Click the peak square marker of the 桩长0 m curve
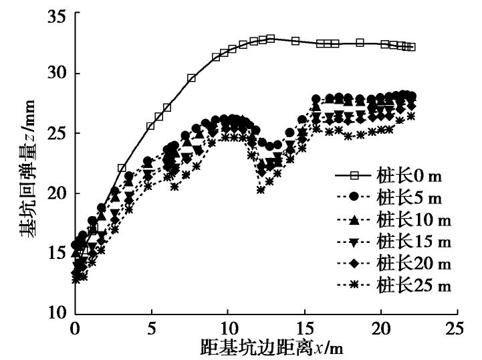271,39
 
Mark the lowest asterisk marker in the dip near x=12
261,190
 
